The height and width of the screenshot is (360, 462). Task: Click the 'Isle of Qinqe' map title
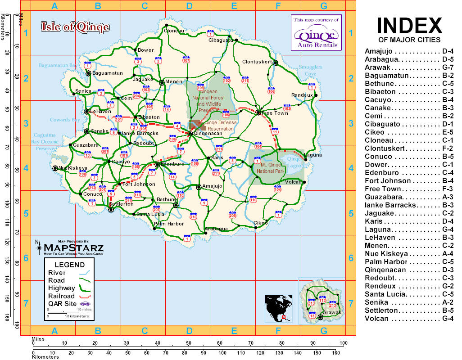[x=75, y=27]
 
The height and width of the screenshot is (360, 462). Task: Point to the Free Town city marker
[x=258, y=112]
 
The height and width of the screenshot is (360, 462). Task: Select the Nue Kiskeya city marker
[x=55, y=168]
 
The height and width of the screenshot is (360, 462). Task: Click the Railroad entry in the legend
[x=61, y=296]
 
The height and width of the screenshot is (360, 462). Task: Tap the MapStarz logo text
[x=73, y=248]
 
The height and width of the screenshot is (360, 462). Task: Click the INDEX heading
[x=409, y=25]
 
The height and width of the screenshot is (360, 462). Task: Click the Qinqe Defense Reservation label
[x=219, y=126]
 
